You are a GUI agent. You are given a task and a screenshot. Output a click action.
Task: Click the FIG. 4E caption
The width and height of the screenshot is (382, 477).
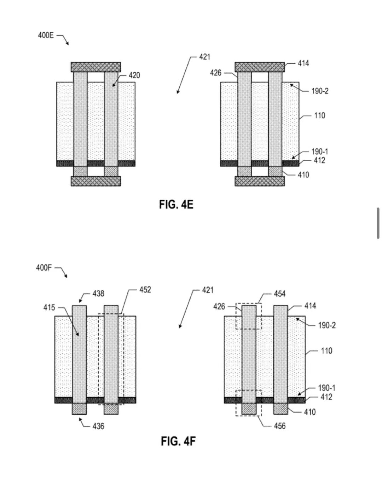coord(176,204)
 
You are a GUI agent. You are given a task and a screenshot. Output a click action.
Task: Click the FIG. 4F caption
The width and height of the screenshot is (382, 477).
coord(178,441)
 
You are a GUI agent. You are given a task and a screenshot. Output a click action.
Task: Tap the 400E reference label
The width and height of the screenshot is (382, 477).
coord(46,35)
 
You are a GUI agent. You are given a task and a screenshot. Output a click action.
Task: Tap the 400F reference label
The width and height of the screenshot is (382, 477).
coord(44,268)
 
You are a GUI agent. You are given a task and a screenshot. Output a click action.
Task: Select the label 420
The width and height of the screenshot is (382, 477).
coord(134,75)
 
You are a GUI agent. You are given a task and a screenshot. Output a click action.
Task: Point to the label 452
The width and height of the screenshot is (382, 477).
coord(145,290)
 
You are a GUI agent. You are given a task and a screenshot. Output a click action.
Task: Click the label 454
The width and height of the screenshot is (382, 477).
coord(280,294)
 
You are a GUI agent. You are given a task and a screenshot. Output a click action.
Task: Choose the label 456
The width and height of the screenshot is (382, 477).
coord(280,426)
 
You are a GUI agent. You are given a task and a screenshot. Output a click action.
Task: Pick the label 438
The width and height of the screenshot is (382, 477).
coord(98,294)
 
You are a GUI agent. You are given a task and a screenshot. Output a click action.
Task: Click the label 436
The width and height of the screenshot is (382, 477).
coord(98,426)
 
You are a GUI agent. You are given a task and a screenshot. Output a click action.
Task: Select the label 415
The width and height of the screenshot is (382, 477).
coord(49,308)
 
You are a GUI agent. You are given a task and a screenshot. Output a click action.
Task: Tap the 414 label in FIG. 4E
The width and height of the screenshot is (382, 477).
coord(303,63)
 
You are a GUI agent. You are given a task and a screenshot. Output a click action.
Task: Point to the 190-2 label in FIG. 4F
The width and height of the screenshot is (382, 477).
coord(327,325)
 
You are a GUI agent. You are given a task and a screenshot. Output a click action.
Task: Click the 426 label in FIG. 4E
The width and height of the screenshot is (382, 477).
coord(216,73)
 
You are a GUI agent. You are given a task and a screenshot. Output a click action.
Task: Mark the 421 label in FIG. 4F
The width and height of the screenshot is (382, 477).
coord(208,290)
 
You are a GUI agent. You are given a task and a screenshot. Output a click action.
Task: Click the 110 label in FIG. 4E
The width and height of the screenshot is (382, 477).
coord(320,115)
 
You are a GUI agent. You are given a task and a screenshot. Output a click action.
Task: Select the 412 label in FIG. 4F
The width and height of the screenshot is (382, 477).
coord(326,397)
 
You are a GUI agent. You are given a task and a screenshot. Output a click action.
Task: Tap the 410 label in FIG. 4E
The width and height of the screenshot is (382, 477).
coord(303,175)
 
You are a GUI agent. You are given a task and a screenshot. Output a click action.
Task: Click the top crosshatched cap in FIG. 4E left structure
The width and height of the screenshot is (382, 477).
coord(96,67)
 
